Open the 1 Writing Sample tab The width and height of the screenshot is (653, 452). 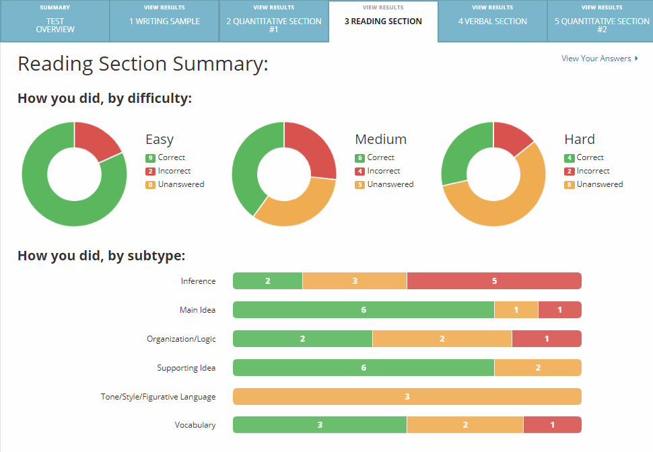tap(164, 22)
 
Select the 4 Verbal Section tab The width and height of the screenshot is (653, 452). tap(492, 22)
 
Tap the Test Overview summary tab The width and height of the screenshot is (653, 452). tap(55, 26)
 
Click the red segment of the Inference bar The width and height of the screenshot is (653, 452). tap(493, 281)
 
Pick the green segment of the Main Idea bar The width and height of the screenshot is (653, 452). tap(364, 310)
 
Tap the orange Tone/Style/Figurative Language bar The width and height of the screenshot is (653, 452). tap(407, 397)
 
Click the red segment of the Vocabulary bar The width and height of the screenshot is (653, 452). tap(552, 425)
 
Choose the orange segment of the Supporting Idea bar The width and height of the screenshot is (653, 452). tap(537, 368)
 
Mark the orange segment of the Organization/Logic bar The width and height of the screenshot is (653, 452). tap(442, 339)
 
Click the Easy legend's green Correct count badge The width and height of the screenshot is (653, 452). tap(150, 158)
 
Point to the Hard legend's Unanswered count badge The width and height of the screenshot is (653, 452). tap(569, 184)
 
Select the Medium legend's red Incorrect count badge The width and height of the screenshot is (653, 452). tap(359, 172)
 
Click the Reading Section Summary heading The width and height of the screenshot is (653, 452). tap(143, 64)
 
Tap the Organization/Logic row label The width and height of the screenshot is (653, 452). tap(181, 339)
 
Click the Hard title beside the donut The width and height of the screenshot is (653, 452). tap(579, 139)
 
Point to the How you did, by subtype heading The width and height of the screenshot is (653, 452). tap(101, 256)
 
